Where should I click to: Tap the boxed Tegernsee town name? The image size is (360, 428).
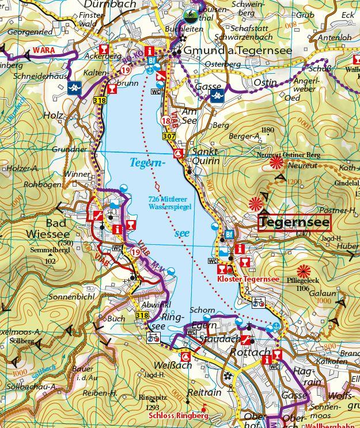[294, 222]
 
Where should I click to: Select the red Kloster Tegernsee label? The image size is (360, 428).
[248, 279]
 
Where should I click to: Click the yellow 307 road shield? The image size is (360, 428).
[169, 137]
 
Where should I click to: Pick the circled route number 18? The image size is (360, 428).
[166, 120]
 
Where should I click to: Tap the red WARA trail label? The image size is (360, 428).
[44, 51]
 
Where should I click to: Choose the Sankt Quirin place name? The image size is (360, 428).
[206, 156]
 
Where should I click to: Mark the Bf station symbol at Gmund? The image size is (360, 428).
[152, 60]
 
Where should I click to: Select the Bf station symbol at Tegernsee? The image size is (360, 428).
[228, 234]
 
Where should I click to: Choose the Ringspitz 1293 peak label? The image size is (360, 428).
[152, 401]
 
